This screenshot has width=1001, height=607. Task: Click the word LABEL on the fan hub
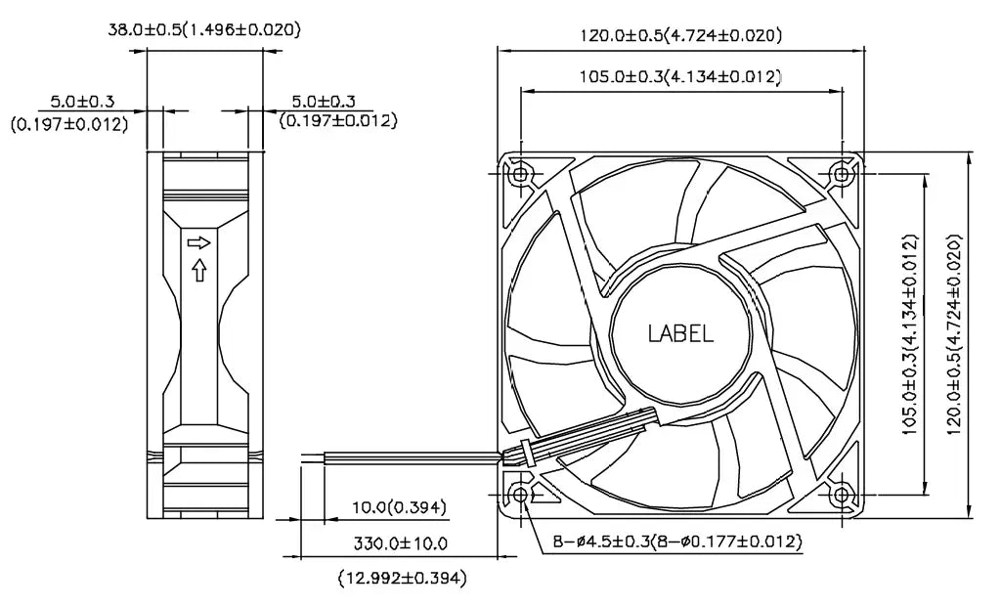click(680, 333)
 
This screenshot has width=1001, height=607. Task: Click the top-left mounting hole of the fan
click(520, 174)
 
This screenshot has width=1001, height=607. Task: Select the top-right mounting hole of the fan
click(842, 174)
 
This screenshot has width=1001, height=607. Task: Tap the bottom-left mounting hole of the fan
click(520, 496)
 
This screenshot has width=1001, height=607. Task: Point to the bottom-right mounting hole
click(842, 496)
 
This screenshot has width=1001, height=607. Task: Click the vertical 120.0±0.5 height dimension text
click(954, 333)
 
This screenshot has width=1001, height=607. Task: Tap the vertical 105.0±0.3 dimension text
click(909, 333)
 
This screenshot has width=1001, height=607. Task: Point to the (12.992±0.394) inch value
click(402, 579)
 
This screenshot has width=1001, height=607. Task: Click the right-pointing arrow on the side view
click(199, 241)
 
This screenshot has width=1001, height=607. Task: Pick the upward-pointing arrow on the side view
click(199, 269)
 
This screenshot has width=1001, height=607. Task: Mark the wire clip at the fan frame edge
click(526, 452)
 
